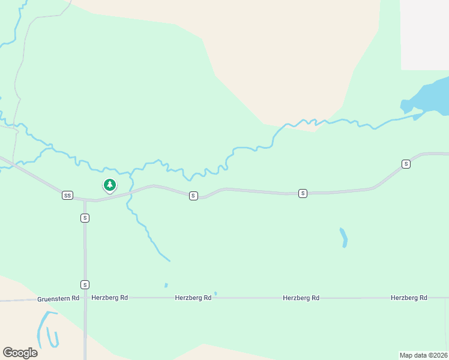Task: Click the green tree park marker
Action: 109,185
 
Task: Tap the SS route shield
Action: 67,195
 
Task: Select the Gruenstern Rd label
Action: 58,298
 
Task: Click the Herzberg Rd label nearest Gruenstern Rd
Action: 109,298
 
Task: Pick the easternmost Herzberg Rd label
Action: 408,298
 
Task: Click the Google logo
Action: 20,353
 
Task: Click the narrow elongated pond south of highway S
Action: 343,238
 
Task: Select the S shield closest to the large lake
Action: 406,164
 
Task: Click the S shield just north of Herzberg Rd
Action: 85,284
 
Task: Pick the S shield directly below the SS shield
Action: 85,218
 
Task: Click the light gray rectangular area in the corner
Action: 424,34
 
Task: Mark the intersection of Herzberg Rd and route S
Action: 85,298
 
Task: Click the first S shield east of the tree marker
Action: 193,196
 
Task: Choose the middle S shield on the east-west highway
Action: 303,193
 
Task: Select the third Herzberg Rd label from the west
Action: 301,298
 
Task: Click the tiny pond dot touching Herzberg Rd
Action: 215,294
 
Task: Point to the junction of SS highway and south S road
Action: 85,200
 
